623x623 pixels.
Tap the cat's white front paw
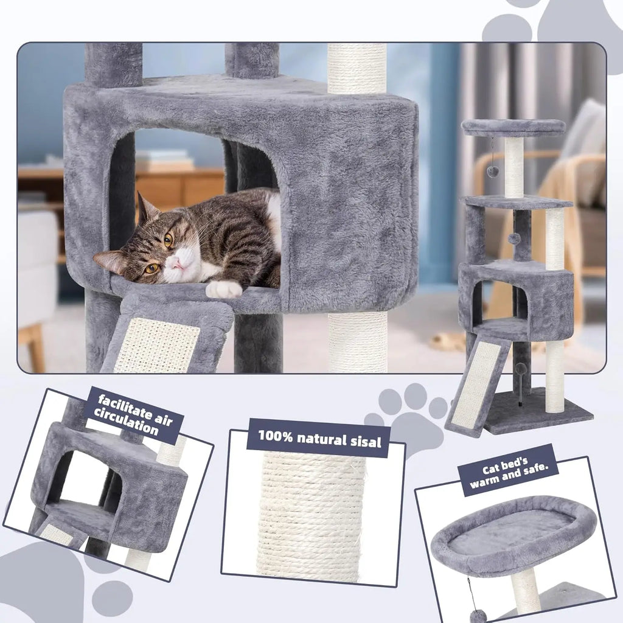pyautogui.click(x=223, y=289)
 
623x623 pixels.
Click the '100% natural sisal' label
pyautogui.click(x=320, y=436)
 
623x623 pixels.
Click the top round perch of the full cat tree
pyautogui.click(x=513, y=127)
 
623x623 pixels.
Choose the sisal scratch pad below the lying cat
pyautogui.click(x=157, y=344)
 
